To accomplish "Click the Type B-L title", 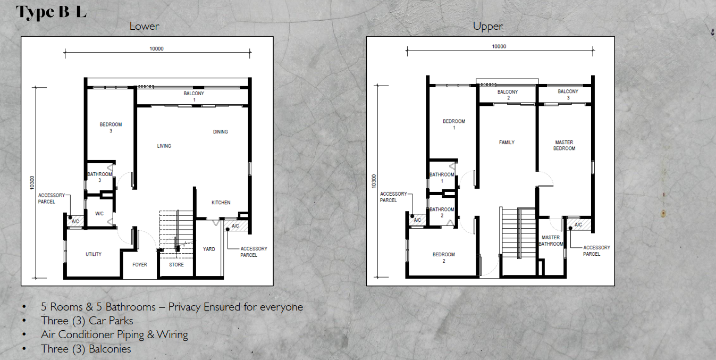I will pos(51,12).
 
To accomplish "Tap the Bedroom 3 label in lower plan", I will pos(111,128).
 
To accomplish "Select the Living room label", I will pos(164,146).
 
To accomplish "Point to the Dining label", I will pos(220,132).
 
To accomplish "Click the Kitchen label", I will pos(221,203).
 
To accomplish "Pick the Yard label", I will pos(209,249).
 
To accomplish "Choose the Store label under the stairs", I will pos(176,265).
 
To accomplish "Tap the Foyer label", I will pos(140,265).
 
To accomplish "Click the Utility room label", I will pos(94,254).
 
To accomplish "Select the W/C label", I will pos(99,214).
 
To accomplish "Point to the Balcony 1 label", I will pos(194,96).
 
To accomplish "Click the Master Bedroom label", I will pos(564,145).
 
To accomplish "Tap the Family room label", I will pos(507,143).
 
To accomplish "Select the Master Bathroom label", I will pos(551,240).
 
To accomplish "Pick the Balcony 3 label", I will pos(568,95).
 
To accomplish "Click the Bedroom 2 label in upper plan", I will pos(443,257).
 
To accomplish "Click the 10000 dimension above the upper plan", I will pos(499,46).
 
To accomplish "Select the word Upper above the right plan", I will pos(488,26).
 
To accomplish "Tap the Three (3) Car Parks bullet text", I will pos(87,321).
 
